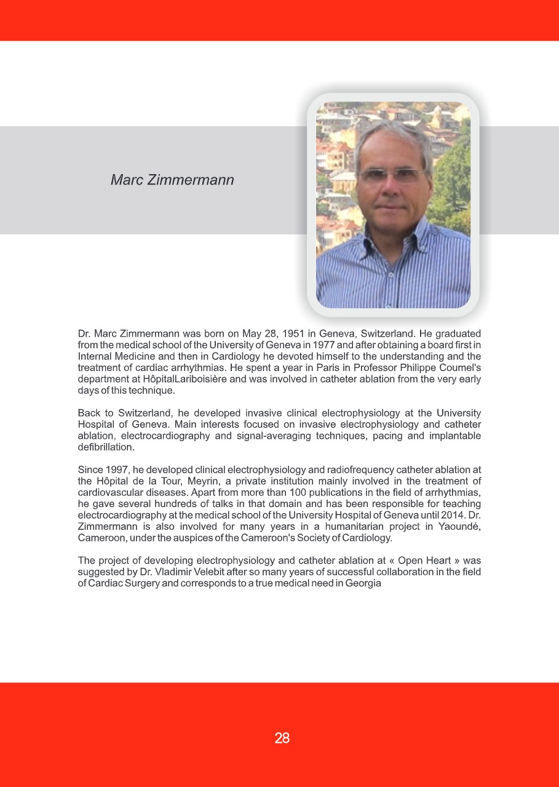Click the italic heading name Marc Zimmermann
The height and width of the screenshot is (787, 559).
tap(172, 180)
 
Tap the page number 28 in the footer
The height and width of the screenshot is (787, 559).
tap(282, 738)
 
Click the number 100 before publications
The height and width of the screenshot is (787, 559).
tap(328, 492)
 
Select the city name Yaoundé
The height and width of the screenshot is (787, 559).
tap(458, 526)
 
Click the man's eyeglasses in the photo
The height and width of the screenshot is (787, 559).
tap(392, 175)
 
